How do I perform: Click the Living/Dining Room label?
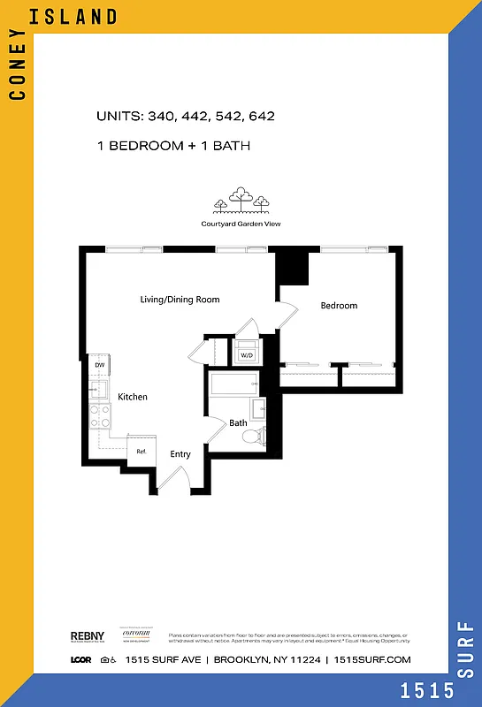click(x=180, y=300)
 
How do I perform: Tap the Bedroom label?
click(x=339, y=306)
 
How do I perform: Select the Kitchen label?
click(x=133, y=397)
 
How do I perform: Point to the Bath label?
click(x=238, y=423)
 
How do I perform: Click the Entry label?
click(x=180, y=454)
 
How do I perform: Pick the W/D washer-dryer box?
click(x=247, y=355)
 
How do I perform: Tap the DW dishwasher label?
click(x=100, y=365)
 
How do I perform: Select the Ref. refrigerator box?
click(x=142, y=451)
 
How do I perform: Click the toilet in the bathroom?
click(x=256, y=435)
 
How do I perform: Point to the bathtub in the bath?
click(x=234, y=383)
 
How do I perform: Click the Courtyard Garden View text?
click(x=241, y=224)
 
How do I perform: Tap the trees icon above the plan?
click(x=241, y=201)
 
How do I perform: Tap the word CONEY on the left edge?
click(x=16, y=71)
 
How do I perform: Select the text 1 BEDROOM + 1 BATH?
click(x=173, y=145)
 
